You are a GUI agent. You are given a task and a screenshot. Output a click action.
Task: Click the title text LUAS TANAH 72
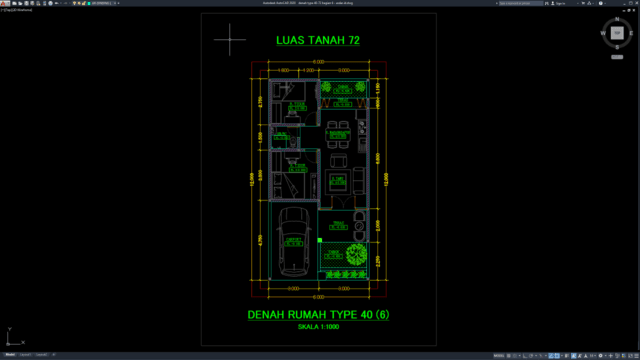317,41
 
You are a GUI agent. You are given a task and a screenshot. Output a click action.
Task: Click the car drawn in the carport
293,244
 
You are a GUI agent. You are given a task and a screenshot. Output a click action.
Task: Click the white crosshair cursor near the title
230,41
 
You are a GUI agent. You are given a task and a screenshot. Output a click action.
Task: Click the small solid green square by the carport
319,241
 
